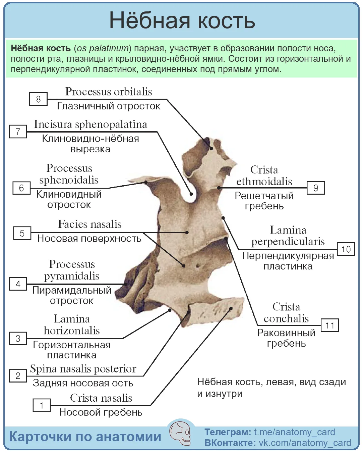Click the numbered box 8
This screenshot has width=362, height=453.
(x=38, y=99)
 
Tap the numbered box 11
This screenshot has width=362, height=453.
(x=329, y=325)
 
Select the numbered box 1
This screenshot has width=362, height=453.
(x=42, y=405)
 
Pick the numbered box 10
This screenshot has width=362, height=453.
(x=346, y=249)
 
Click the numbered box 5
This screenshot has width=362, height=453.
(x=22, y=233)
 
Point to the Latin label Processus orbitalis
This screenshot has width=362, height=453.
(x=109, y=92)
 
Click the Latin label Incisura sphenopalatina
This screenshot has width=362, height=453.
(x=90, y=124)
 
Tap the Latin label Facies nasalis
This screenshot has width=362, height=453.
(x=90, y=224)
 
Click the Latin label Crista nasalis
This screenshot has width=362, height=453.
(x=101, y=398)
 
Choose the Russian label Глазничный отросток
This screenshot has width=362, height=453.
(x=109, y=106)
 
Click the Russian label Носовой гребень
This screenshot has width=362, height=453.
(x=101, y=412)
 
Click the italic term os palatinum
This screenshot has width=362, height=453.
(x=103, y=48)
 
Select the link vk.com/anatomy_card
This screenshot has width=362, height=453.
(x=305, y=443)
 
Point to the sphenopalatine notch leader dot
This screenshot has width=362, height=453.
(x=191, y=194)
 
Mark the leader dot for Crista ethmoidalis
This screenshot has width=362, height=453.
(x=219, y=188)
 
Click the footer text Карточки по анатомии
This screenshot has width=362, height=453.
(x=85, y=437)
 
